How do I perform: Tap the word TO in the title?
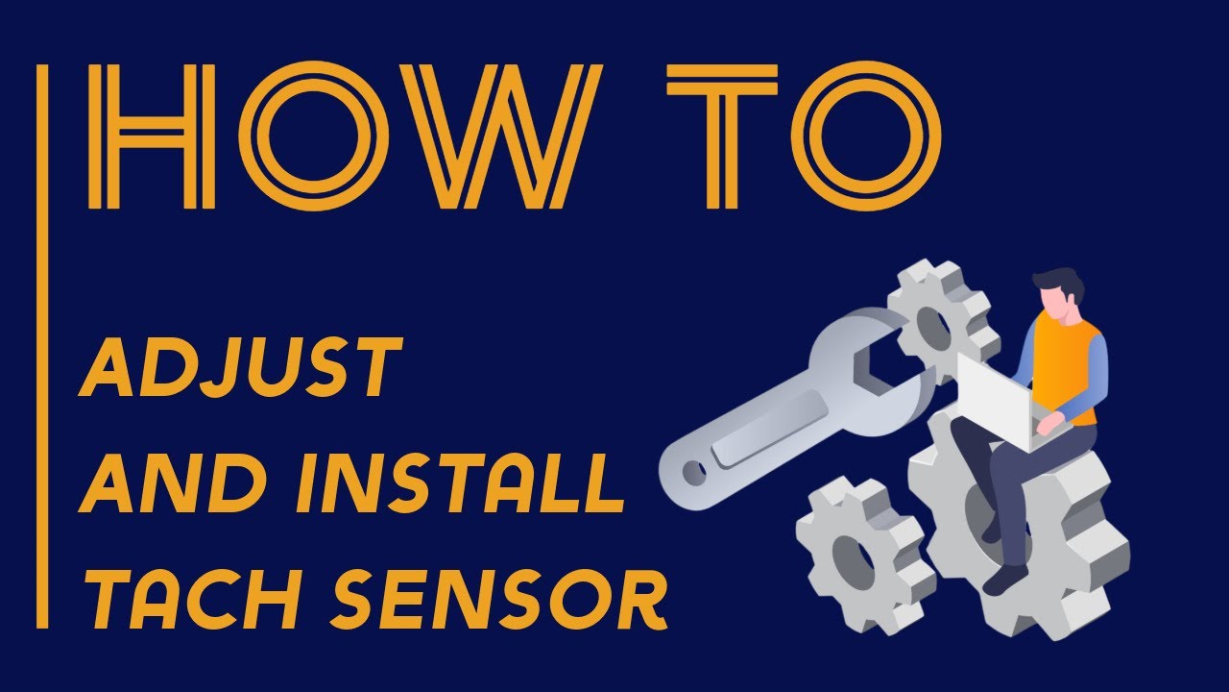point(803,136)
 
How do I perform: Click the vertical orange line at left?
point(41,346)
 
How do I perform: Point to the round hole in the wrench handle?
point(693,471)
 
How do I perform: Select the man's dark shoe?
point(1005,579)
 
